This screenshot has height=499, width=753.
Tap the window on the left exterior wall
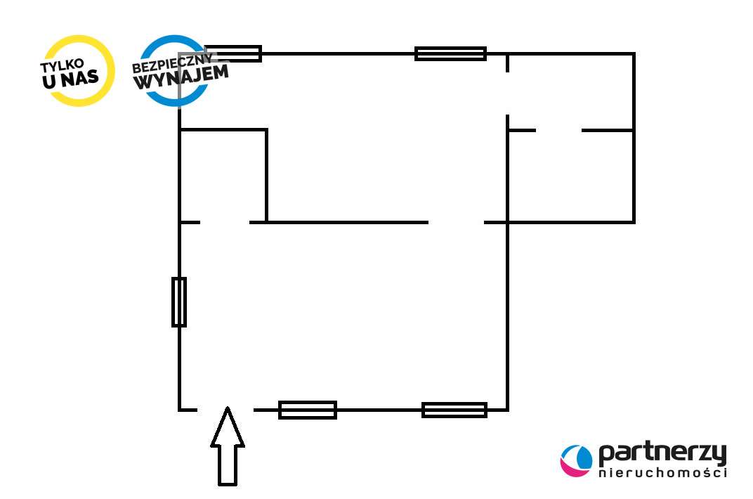coord(179,302)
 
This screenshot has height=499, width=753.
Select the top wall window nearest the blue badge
coord(233,53)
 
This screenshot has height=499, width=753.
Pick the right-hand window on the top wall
coord(450,53)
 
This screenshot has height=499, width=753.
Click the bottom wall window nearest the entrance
coord(308,410)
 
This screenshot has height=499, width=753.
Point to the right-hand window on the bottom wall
coord(454,410)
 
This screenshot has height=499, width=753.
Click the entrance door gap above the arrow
coord(225,409)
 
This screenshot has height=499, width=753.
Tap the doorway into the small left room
coord(225,222)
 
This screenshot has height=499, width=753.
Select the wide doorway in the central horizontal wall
coord(456,222)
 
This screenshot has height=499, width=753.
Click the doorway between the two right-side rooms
coord(558,130)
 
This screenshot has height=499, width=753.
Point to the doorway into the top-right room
coord(507,93)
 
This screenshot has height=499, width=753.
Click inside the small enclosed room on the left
coord(223,176)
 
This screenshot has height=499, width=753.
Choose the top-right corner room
coord(570,91)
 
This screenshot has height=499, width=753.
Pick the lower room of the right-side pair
coord(570,176)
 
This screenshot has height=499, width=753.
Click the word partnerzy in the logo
coord(662,455)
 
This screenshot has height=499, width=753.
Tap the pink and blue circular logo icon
coord(576,460)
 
